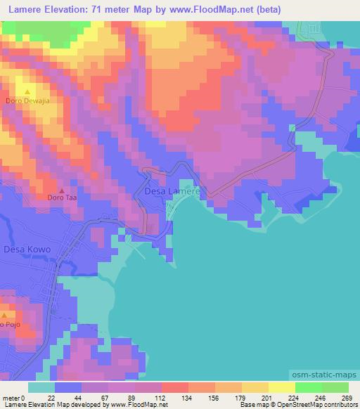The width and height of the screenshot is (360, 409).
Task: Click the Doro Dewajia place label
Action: point(27,101)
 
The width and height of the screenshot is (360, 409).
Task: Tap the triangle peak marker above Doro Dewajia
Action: point(28,91)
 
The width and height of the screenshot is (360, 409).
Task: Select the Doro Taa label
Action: point(62,198)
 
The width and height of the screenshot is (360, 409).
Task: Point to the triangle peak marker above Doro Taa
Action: point(62,189)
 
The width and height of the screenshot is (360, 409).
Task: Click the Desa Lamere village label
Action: point(173,190)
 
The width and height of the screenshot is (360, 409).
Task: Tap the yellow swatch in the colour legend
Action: point(281,387)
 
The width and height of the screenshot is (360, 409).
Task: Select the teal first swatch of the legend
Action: point(41,387)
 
